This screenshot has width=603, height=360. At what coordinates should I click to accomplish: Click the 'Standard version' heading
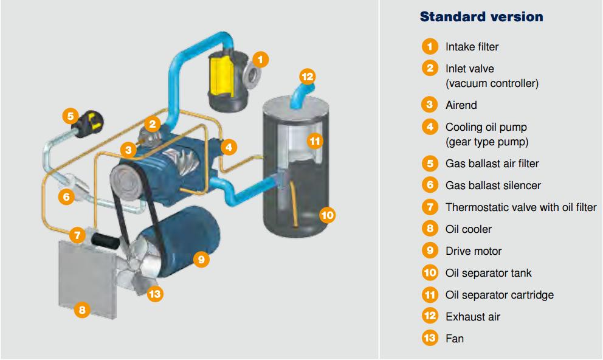click(x=481, y=16)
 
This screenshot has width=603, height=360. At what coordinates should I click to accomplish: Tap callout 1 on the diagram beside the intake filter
click(x=260, y=59)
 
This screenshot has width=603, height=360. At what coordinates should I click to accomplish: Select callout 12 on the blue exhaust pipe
click(x=307, y=77)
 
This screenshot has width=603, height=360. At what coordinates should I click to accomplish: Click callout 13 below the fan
click(x=155, y=294)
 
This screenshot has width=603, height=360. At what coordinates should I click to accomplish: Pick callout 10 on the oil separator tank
click(x=327, y=214)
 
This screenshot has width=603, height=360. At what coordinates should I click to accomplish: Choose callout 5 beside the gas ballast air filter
click(x=71, y=116)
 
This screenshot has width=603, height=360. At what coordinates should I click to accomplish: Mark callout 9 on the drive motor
click(x=202, y=259)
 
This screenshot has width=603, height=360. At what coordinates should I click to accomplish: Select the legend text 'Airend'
click(x=461, y=105)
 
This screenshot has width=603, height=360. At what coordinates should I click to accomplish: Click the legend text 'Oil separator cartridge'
click(x=499, y=295)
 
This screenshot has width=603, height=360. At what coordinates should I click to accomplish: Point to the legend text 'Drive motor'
click(x=474, y=251)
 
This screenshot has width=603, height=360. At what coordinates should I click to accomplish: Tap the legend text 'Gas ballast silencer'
click(x=493, y=185)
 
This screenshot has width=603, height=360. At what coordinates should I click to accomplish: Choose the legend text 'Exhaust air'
click(x=473, y=317)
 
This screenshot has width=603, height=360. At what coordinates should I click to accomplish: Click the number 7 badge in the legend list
click(x=430, y=207)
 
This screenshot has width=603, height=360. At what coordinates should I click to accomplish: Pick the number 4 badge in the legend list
click(x=430, y=127)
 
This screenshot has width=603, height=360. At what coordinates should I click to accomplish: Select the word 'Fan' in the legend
click(x=454, y=339)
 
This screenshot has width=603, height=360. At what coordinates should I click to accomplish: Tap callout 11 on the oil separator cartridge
click(x=314, y=142)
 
